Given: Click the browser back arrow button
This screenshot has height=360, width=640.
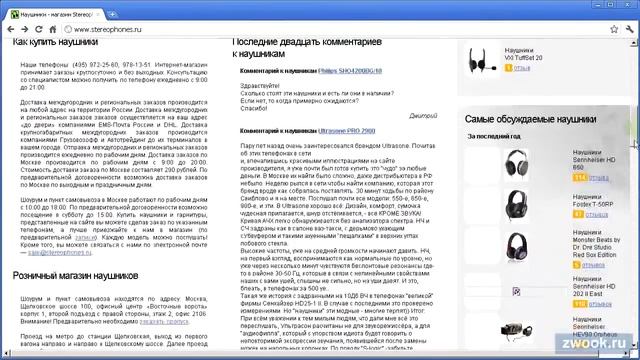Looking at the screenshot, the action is pyautogui.click(x=11, y=30).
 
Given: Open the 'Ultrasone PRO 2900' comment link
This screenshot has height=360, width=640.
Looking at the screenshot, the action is pyautogui.click(x=348, y=131).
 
